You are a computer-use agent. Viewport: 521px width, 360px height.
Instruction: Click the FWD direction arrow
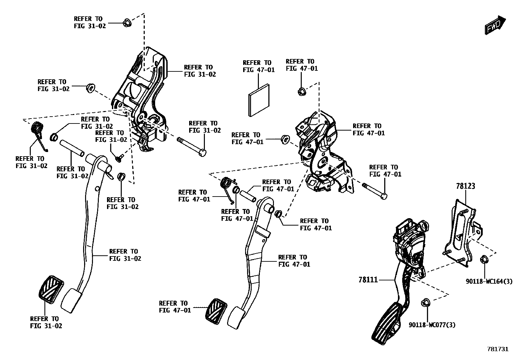pos(496,25)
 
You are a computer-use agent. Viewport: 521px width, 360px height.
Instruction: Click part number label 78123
pos(465,186)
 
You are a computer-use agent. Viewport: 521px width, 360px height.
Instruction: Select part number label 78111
pos(368,280)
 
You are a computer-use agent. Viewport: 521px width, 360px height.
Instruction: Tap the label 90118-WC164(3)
pos(489,281)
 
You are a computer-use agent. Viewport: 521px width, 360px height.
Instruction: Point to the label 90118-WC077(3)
pos(432,325)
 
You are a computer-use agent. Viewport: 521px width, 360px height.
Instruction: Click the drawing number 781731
pos(498,349)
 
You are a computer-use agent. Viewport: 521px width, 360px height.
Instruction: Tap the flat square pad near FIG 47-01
pos(259,100)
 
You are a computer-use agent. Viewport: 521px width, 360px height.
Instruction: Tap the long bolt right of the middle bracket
pos(375,191)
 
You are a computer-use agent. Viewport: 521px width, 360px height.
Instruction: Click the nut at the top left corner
pos(127,23)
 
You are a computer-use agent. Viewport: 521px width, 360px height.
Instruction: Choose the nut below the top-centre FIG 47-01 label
pos(301,91)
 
